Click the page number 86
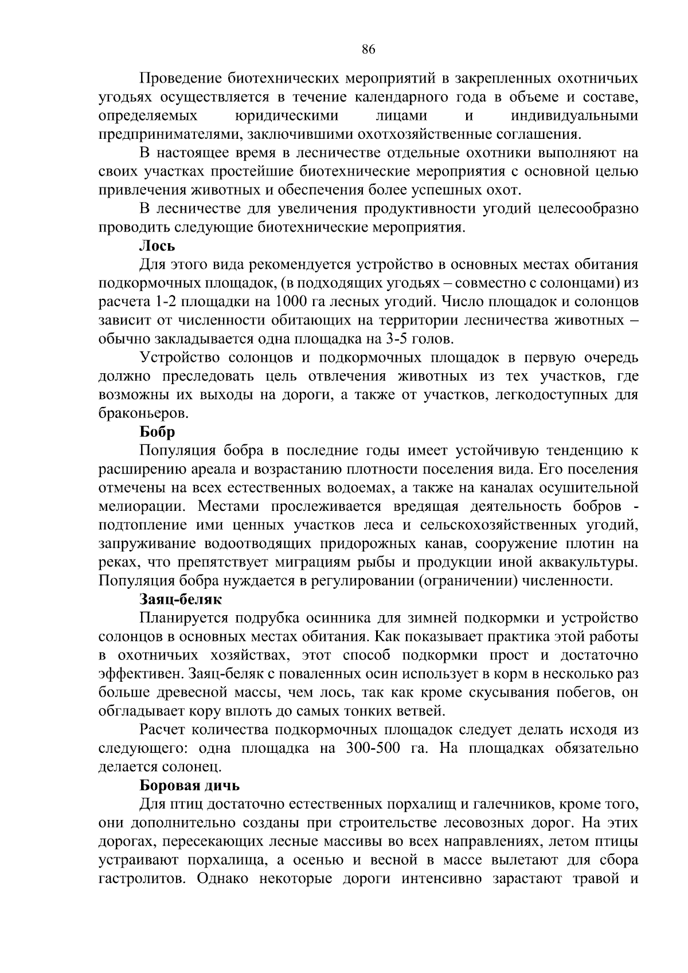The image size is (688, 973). (368, 50)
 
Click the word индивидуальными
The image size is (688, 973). (574, 116)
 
